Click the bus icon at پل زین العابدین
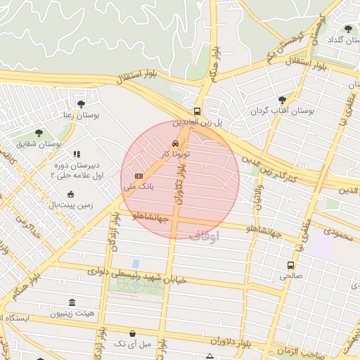pos(197,111)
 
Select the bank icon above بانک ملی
pos(139,176)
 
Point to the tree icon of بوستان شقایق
pos(39,133)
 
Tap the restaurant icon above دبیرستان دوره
pos(77,153)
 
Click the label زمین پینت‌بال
pos(70,205)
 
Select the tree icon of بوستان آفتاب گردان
pos(282,101)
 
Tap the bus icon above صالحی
pos(290,265)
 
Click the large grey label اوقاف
pos(205,236)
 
